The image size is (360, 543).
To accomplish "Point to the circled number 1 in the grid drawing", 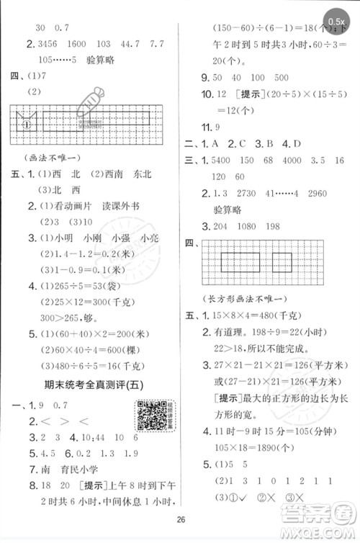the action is click(x=27, y=123).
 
